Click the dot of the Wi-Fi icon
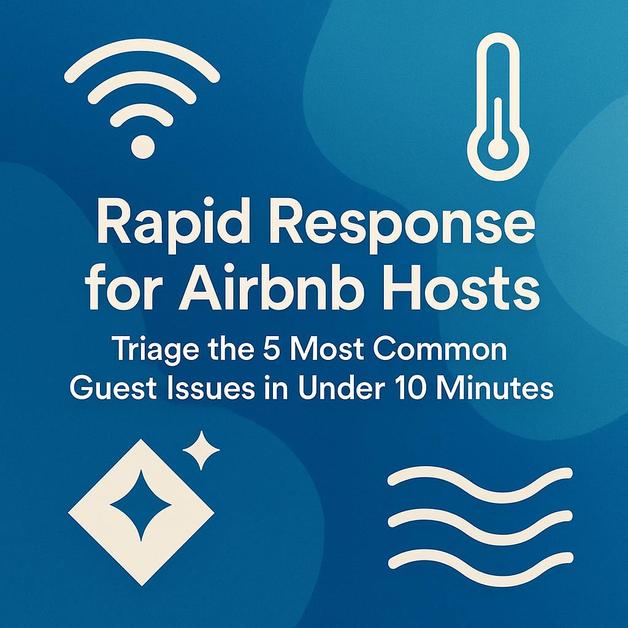coord(143,147)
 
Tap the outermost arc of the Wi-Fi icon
coord(142,45)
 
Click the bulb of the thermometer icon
coord(498,150)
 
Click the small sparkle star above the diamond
coord(201,450)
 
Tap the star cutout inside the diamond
coord(141,505)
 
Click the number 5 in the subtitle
coord(271,349)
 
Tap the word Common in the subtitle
coord(440,349)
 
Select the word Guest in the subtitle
coord(113,388)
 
